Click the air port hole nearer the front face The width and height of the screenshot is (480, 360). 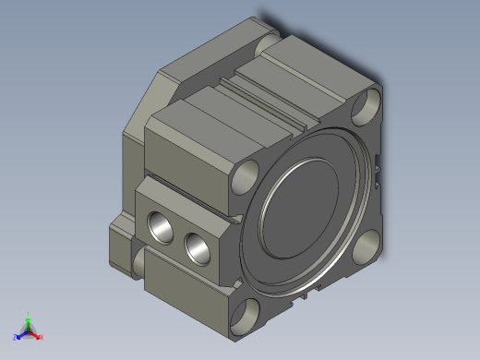197,246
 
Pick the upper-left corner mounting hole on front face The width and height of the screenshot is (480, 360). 247,174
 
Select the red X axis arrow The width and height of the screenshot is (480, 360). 36,334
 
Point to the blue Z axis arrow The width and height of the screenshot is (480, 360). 20,334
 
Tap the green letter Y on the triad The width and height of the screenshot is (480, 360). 29,313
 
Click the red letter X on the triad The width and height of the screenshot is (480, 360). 42,337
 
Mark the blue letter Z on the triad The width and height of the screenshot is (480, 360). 16,337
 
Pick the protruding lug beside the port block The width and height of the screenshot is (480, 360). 120,245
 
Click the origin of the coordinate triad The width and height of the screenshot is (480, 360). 28,330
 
